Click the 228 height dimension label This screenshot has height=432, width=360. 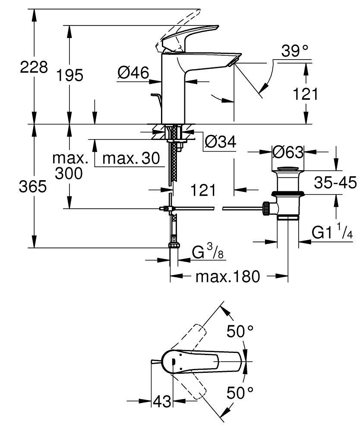point(33,67)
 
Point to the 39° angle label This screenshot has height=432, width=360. point(295,52)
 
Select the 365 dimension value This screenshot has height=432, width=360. point(33,187)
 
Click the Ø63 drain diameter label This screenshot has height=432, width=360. point(287,152)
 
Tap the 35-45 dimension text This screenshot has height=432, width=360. point(335,183)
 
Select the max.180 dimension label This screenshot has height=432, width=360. point(228,276)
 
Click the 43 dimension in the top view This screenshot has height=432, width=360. point(162,401)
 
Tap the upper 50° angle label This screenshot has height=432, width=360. point(240,331)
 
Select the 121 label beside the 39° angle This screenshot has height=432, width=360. point(306,93)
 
